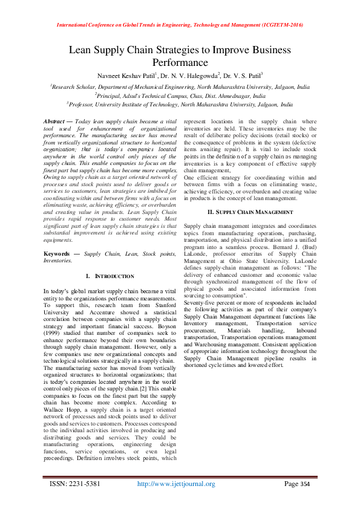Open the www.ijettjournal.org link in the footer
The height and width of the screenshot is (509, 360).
pyautogui.click(x=177, y=484)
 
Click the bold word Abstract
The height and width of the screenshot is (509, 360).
pyautogui.click(x=57, y=122)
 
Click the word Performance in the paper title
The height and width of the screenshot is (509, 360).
pyautogui.click(x=180, y=62)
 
